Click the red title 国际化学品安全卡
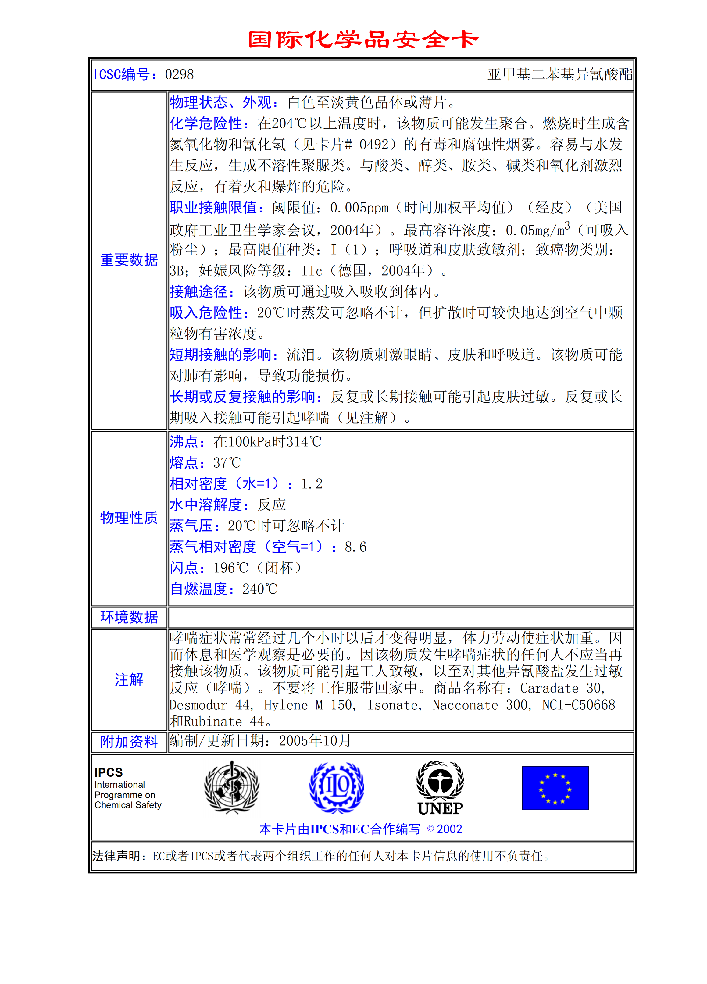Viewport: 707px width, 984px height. click(363, 40)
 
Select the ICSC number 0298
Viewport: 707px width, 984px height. click(179, 75)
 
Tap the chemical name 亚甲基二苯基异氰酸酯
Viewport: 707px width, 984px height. click(560, 75)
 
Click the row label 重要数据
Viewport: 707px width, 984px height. click(129, 260)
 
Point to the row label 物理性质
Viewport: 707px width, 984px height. click(129, 518)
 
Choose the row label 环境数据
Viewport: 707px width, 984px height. click(129, 617)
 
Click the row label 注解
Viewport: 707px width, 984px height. click(129, 679)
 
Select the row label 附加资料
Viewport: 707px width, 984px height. click(129, 742)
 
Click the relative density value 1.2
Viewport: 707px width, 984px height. click(312, 484)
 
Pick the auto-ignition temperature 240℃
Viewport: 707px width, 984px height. click(259, 589)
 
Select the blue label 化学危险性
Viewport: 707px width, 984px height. click(206, 124)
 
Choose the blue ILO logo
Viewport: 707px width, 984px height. click(336, 787)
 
